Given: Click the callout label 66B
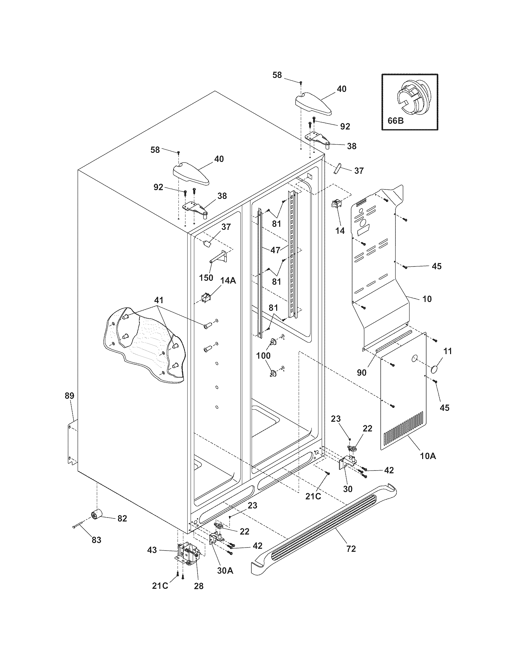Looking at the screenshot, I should (x=395, y=121).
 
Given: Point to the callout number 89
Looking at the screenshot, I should (x=70, y=396).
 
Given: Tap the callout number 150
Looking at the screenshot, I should (x=206, y=278).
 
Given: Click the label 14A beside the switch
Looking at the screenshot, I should (x=228, y=281).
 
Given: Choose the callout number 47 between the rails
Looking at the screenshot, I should (x=275, y=250).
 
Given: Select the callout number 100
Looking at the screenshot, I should (x=263, y=355).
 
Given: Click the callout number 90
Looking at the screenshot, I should (x=362, y=373).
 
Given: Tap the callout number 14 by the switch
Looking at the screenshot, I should (x=340, y=231).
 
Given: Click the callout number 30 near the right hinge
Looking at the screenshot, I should (x=348, y=489).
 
